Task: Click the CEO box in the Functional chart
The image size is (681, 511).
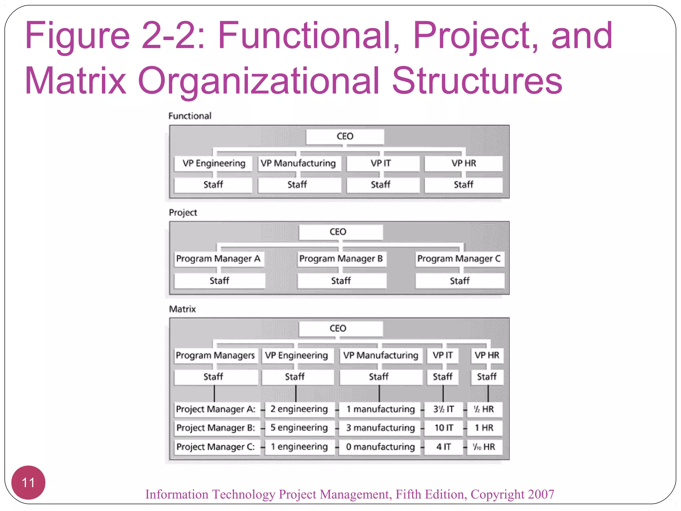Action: click(x=345, y=136)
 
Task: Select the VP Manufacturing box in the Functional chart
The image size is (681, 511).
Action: click(x=299, y=163)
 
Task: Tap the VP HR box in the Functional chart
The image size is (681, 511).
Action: click(x=464, y=163)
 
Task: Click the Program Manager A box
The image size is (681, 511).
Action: click(x=218, y=259)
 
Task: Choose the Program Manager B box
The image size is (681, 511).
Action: click(x=341, y=259)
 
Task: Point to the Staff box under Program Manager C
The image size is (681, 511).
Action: click(x=460, y=281)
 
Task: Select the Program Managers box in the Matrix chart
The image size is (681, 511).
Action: click(x=215, y=355)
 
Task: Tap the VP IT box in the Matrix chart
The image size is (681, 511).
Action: click(x=443, y=355)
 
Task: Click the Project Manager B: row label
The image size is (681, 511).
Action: click(x=216, y=428)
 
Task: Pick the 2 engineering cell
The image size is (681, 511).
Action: click(x=299, y=409)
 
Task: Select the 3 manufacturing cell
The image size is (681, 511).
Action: click(x=380, y=428)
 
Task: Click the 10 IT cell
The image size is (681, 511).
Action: click(x=444, y=428)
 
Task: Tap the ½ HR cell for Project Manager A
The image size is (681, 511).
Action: click(x=484, y=409)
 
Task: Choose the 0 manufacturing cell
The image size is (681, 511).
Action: click(x=380, y=447)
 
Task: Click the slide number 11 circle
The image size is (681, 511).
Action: click(x=28, y=482)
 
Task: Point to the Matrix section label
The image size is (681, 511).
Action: click(x=182, y=309)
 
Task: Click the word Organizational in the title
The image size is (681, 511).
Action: click(x=258, y=81)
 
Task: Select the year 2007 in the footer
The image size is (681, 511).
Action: click(x=541, y=494)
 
